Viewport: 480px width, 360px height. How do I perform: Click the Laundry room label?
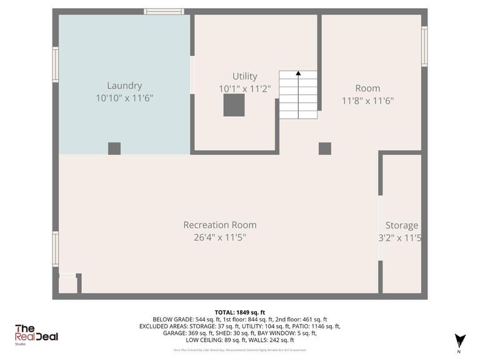coord(124,86)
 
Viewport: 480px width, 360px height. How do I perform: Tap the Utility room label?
coord(244,76)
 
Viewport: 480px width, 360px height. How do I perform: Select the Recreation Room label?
coord(219,225)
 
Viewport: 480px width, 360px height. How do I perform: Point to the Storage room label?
coord(401,226)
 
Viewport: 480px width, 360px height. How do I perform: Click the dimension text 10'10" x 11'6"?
coord(124,98)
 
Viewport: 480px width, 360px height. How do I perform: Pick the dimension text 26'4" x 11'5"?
coord(219,237)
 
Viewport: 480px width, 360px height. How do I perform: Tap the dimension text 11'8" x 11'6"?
coord(367,100)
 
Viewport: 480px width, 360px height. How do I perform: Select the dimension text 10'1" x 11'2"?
coord(244,89)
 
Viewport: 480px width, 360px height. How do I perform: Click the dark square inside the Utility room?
coord(234,106)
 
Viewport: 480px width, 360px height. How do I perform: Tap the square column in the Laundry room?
coord(114,148)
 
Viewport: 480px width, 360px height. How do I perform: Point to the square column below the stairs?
coord(324,148)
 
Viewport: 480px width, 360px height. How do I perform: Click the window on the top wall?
coord(164,11)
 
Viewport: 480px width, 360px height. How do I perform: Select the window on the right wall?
coord(424,46)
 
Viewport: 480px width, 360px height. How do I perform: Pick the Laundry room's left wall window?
coord(56,64)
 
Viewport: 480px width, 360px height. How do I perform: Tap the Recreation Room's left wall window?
coord(56,248)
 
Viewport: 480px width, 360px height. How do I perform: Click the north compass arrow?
coord(461,340)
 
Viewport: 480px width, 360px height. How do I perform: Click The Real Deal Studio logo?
coord(36,334)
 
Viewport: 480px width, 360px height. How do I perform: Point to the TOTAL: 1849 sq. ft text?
coord(240,312)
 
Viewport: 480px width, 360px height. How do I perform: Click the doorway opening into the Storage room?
coord(380,228)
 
